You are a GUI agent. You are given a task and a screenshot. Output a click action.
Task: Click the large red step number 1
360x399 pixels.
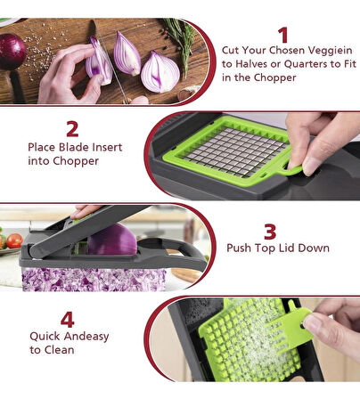(283, 35)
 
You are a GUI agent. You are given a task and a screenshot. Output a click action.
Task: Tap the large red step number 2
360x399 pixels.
(72, 129)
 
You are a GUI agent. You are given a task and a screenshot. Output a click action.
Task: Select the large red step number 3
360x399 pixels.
(270, 232)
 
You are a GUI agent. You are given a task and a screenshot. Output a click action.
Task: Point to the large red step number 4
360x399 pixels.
(68, 319)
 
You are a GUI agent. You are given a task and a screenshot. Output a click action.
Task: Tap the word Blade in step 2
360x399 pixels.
(74, 147)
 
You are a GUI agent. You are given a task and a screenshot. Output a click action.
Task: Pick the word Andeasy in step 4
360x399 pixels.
(86, 337)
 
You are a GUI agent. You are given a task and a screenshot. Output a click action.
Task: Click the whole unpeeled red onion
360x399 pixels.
(12, 52)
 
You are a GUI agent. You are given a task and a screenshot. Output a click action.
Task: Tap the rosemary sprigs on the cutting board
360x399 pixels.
(181, 42)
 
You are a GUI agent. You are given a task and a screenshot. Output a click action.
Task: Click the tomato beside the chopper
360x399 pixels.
(14, 240)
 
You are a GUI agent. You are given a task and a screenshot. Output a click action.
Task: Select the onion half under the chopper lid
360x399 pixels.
(112, 240)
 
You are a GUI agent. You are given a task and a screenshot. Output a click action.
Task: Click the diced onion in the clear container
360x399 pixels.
(94, 279)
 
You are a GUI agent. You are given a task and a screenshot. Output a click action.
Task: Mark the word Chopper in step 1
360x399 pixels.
(274, 77)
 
